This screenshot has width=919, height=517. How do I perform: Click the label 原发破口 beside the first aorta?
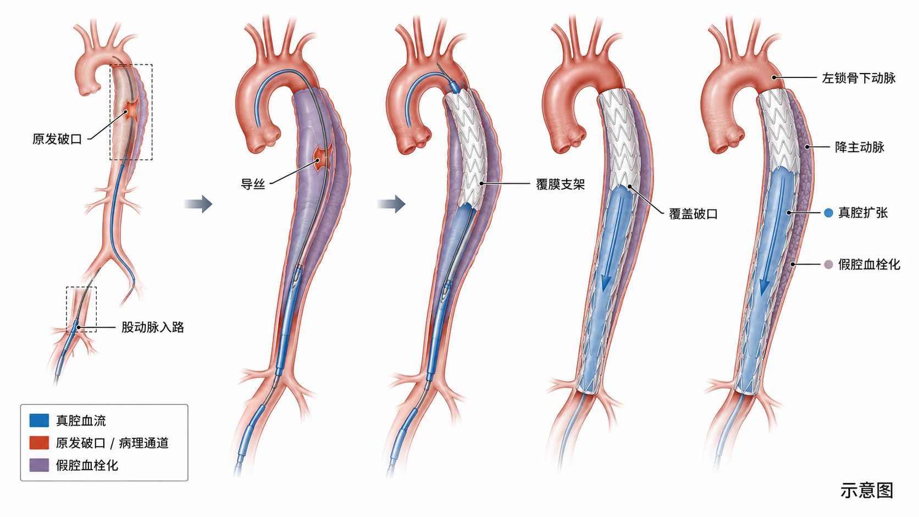click(57, 140)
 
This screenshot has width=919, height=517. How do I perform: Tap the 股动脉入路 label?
click(153, 327)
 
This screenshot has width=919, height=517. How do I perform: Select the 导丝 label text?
click(253, 184)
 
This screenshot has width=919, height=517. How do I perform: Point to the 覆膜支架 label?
click(560, 185)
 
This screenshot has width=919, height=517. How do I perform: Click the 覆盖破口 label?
click(693, 214)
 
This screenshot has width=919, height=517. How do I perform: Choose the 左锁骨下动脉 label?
click(859, 79)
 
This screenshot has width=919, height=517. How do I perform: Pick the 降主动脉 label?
click(860, 147)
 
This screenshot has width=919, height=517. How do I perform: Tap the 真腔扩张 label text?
click(863, 213)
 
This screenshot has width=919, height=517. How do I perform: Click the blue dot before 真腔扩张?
click(828, 213)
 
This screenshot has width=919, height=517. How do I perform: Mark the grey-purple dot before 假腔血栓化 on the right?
click(828, 264)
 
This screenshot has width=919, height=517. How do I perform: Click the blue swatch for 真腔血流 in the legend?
click(39, 420)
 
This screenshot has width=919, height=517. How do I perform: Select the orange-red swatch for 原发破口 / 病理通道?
click(39, 443)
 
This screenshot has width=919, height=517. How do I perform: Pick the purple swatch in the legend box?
click(39, 465)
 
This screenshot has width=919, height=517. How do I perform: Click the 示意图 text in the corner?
click(866, 491)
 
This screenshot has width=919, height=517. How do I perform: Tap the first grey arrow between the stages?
click(198, 204)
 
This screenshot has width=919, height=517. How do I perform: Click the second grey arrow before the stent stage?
click(391, 204)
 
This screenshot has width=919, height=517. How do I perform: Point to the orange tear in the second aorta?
click(321, 159)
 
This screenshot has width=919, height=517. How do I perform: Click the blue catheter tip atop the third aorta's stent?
click(454, 85)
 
